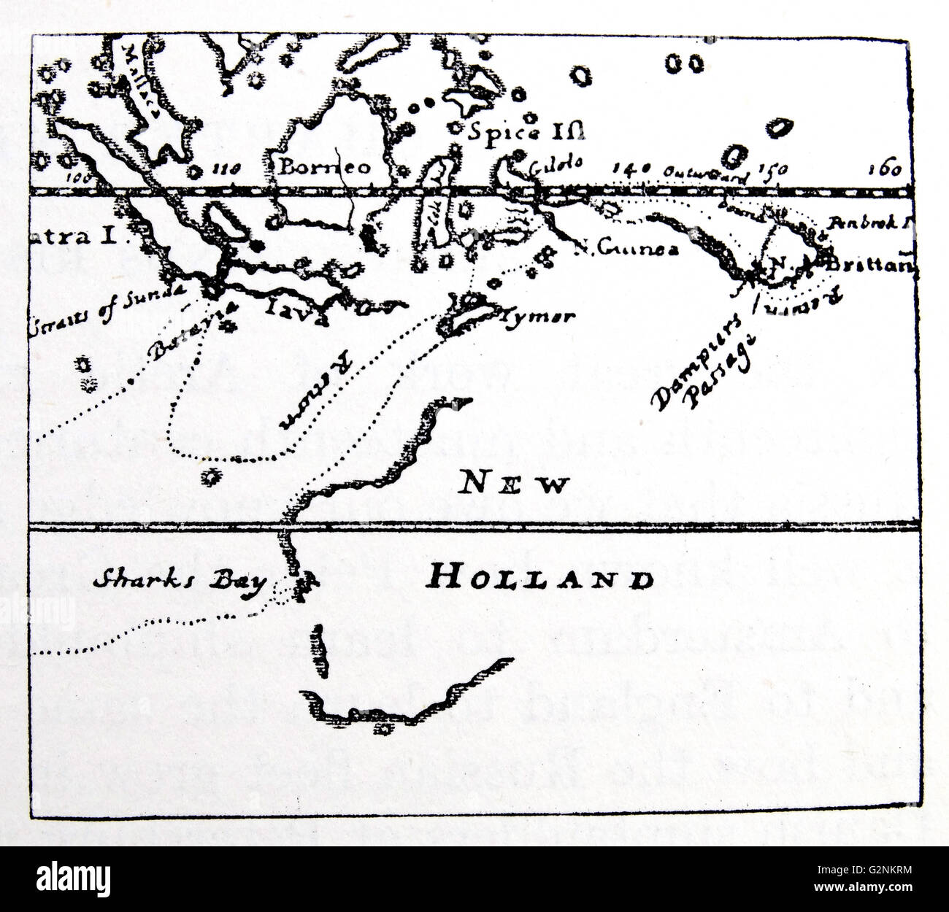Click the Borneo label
325,167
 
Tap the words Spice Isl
528,132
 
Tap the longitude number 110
225,169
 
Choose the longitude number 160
885,170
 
